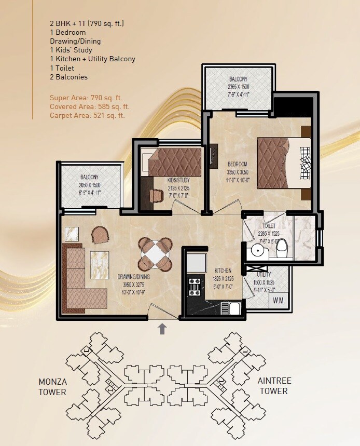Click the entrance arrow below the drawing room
click(x=162, y=328)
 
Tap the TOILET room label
click(x=269, y=226)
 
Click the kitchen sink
click(x=231, y=308)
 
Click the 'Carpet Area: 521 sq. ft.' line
click(x=87, y=115)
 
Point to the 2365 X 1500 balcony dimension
click(x=239, y=87)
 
